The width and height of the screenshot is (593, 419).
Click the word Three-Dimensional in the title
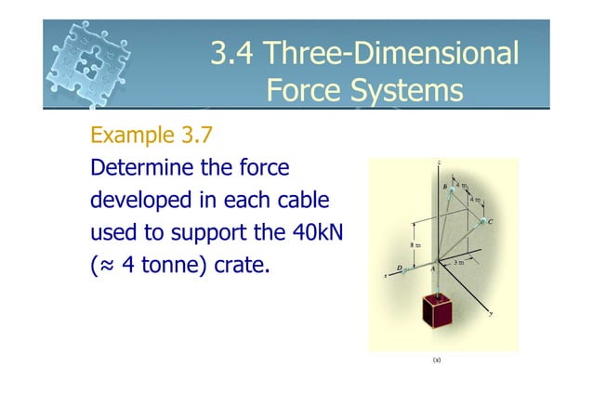coord(390,53)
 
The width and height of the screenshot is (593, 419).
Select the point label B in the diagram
coord(445,187)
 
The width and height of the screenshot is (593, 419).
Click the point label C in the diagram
coord(490,221)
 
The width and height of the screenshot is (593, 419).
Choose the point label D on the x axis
coord(401,269)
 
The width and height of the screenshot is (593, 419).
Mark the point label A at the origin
coord(432,270)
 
